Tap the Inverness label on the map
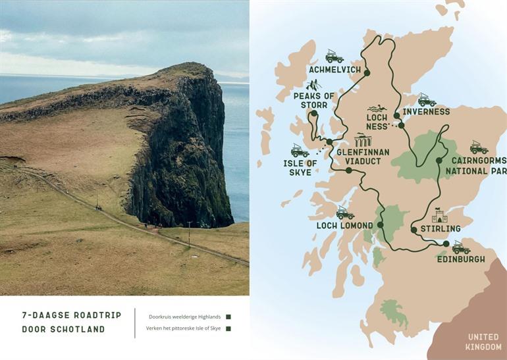point(425,112)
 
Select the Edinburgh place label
point(461,259)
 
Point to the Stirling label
point(440,228)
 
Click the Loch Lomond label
point(344,226)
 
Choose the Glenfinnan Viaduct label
point(363,156)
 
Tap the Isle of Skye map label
point(300,168)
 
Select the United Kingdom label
point(483,342)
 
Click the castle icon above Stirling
point(439,216)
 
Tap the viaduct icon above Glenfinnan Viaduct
point(363,140)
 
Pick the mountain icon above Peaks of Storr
point(314,85)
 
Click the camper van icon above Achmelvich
point(334,56)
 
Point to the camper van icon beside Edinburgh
point(461,247)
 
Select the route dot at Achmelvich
point(367,73)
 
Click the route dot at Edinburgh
point(446,244)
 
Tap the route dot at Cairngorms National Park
point(439,160)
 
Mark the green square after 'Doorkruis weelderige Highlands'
point(228,317)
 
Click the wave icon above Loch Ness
point(377,109)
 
